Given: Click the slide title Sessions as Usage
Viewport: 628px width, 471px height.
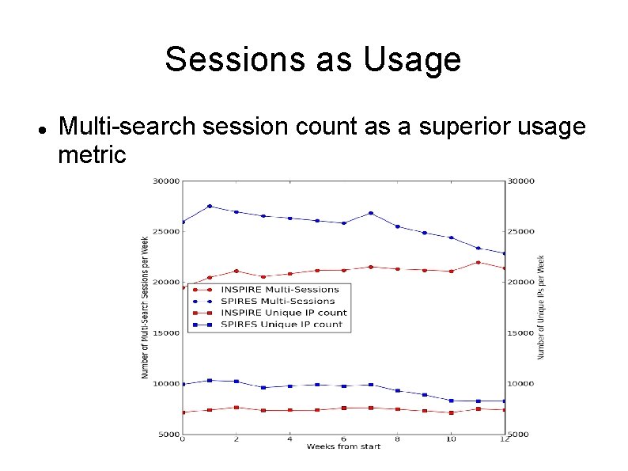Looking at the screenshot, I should [x=313, y=59].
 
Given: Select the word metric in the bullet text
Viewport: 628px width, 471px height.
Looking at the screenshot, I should [x=92, y=154].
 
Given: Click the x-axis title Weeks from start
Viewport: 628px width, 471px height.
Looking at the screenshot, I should [x=343, y=446].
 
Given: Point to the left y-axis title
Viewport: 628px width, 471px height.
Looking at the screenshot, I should [x=146, y=307].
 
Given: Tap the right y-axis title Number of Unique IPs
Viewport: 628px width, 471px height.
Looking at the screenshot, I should [x=541, y=307].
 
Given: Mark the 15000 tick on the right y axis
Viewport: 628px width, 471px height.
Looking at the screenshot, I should [x=521, y=333].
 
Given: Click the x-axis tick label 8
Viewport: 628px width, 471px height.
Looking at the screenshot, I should [x=397, y=439].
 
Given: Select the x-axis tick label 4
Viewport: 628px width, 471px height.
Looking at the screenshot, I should [x=289, y=439].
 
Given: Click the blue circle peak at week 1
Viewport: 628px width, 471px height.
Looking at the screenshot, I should [x=210, y=206].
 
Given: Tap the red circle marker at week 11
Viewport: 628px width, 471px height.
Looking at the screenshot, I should [x=478, y=262].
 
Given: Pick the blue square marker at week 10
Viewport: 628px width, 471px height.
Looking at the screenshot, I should [x=451, y=401].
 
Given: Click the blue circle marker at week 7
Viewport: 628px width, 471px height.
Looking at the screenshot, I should [x=370, y=213].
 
